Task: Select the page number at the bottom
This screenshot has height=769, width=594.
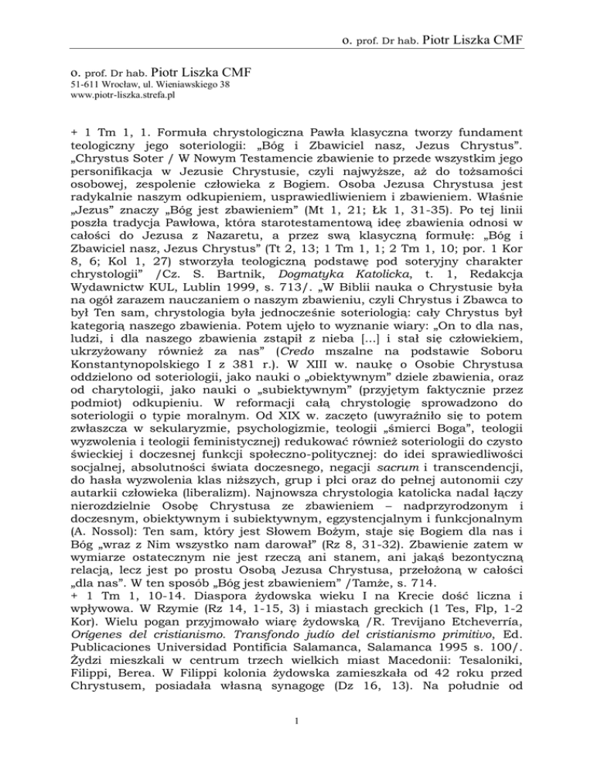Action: [x=296, y=744]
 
